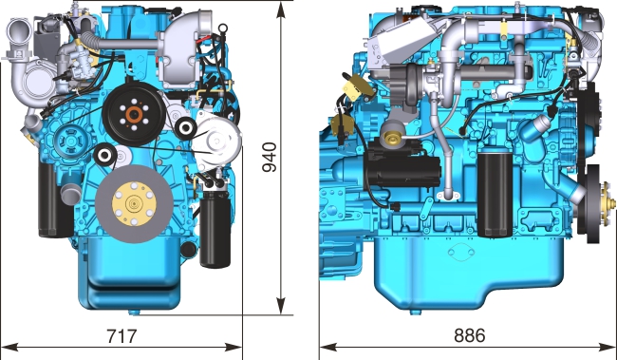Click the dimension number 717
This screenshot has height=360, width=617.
click(122, 336)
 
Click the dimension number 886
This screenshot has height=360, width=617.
click(470, 335)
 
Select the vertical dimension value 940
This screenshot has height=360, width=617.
click(270, 157)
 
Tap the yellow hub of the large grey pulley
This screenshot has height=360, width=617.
click(134, 203)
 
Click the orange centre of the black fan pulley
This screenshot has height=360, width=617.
click(134, 115)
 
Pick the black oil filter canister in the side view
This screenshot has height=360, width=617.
click(495, 194)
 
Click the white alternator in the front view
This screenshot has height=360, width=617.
click(216, 141)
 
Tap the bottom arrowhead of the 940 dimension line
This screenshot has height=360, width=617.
click(281, 306)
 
